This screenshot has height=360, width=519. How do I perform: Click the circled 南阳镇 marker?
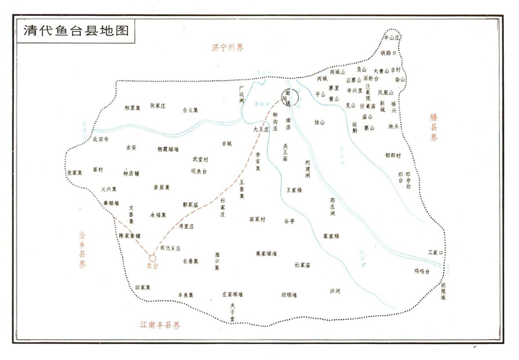pyautogui.click(x=289, y=98)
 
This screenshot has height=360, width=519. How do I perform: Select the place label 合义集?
pyautogui.click(x=190, y=109)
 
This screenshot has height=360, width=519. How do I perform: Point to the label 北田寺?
pyautogui.click(x=101, y=138)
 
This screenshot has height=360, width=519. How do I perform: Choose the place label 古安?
pyautogui.click(x=131, y=147)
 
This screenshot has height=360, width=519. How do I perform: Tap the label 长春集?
pyautogui.click(x=190, y=261)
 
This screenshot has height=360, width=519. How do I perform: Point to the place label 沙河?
pyautogui.click(x=336, y=291)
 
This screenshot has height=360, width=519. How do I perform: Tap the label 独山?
pyautogui.click(x=319, y=121)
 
